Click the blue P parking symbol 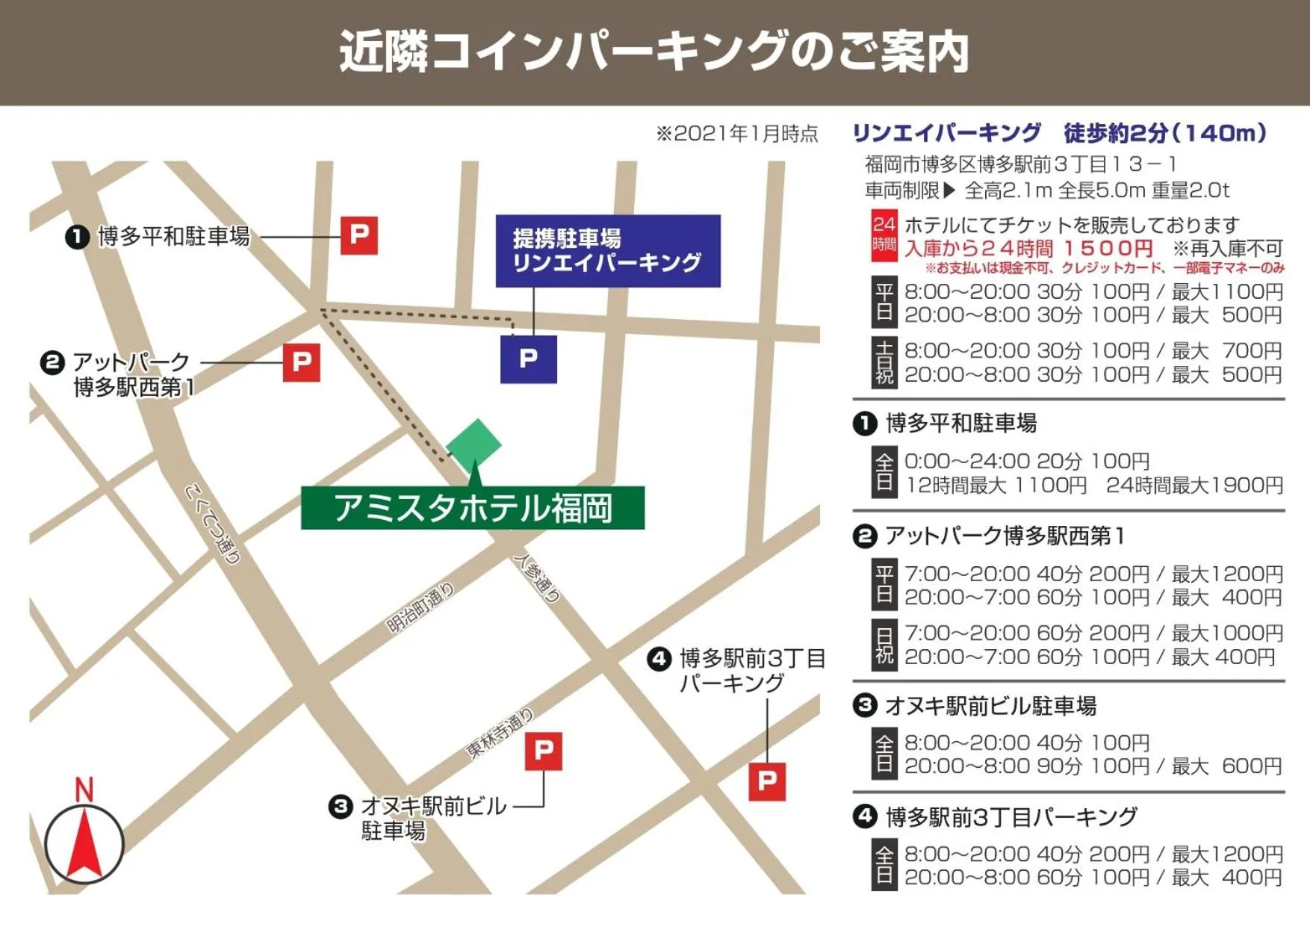coord(528,359)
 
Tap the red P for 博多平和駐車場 coord(359,235)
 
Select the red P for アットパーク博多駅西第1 coord(302,362)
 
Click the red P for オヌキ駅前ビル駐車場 coord(544,750)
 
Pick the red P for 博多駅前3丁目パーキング coord(767,781)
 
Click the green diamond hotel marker coord(474,444)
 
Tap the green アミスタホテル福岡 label coord(472,508)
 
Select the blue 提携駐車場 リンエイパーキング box coord(608,251)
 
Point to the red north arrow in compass coord(84,844)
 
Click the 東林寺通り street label coord(500,733)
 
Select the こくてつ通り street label coord(213,524)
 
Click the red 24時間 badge coord(884,235)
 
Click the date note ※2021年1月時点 coord(736,134)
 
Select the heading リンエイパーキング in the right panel coord(946,133)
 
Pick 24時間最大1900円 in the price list coord(1194,486)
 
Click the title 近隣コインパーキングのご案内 coord(654,52)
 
